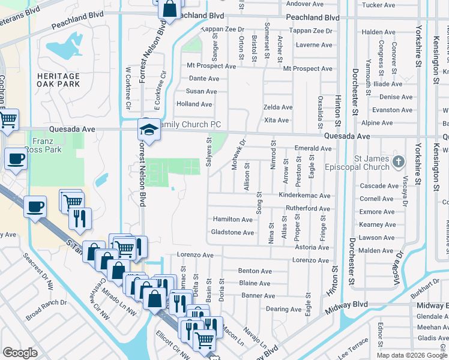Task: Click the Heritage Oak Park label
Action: [58, 80]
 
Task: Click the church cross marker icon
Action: [398, 161]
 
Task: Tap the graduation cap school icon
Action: [148, 129]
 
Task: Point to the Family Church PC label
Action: [192, 124]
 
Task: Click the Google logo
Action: [20, 353]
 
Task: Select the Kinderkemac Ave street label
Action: [304, 196]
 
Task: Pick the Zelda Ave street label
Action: [278, 107]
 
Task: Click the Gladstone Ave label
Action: [232, 232]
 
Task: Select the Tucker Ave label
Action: [379, 5]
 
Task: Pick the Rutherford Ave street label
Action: [307, 209]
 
